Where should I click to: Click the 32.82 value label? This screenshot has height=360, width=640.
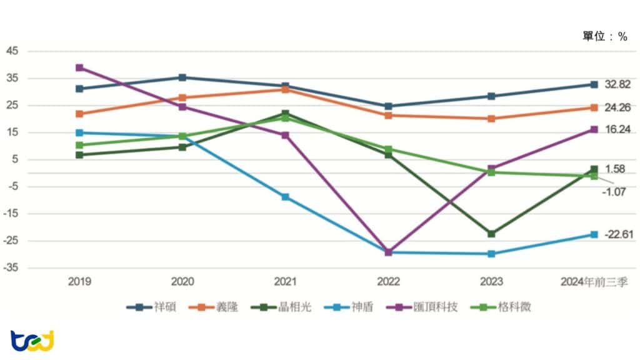click(x=617, y=84)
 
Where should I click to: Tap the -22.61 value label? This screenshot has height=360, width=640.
click(x=618, y=234)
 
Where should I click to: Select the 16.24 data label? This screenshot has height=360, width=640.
click(x=618, y=129)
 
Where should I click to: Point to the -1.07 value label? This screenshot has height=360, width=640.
click(x=614, y=192)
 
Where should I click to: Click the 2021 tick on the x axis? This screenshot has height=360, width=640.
click(x=285, y=281)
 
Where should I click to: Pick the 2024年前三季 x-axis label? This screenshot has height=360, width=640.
click(x=594, y=282)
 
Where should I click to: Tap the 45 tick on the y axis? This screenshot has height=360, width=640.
click(x=12, y=51)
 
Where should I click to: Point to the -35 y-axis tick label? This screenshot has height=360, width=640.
click(x=11, y=267)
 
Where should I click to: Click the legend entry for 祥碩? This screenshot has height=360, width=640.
click(x=151, y=307)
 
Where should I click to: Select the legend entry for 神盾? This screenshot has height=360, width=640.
click(x=349, y=307)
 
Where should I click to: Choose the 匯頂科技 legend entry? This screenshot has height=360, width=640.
click(x=422, y=307)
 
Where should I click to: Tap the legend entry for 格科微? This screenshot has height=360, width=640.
click(x=501, y=307)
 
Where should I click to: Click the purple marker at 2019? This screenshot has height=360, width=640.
click(x=79, y=67)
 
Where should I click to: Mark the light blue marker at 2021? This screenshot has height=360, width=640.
click(x=285, y=197)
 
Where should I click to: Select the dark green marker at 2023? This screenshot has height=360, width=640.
click(x=491, y=234)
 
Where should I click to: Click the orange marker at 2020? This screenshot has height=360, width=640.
click(x=182, y=98)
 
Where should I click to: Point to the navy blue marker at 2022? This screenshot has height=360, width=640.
click(x=389, y=106)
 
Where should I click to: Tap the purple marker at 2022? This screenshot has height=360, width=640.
click(x=389, y=252)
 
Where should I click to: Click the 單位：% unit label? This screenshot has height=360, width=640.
click(x=604, y=36)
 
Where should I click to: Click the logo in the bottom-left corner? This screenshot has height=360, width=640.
click(x=32, y=341)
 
